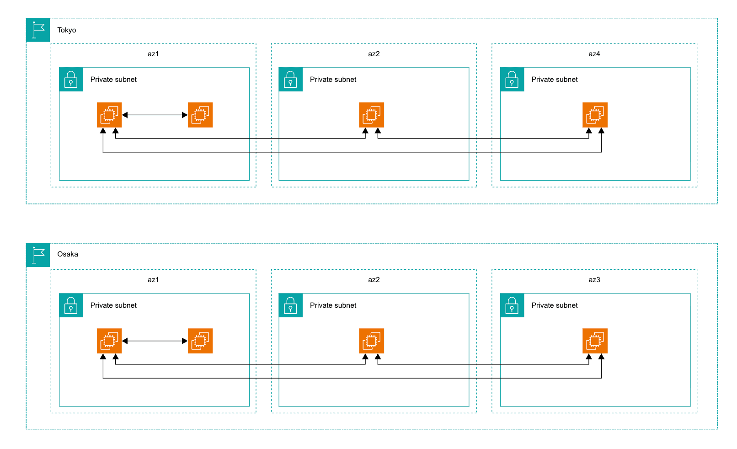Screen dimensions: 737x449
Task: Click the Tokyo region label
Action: click(x=66, y=30)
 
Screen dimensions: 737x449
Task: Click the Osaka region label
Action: click(x=68, y=254)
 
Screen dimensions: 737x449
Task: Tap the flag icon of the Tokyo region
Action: click(x=38, y=30)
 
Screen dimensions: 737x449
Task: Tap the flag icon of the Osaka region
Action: click(x=38, y=255)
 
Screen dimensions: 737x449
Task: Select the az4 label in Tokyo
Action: click(x=594, y=54)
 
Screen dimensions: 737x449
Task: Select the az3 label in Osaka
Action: click(x=594, y=280)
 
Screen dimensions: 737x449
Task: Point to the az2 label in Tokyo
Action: click(x=374, y=54)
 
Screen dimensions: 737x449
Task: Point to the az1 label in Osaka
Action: click(x=153, y=280)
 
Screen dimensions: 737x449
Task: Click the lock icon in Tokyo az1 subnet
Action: click(x=71, y=80)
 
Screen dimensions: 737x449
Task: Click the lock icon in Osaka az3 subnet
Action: click(x=512, y=305)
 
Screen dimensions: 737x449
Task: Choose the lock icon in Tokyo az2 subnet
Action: click(x=290, y=80)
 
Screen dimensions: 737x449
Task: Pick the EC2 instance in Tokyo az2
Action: click(x=371, y=115)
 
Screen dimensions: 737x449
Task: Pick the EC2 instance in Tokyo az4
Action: click(x=595, y=115)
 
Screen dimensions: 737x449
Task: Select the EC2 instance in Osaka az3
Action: click(x=595, y=341)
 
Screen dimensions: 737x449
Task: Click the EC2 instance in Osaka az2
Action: click(x=371, y=341)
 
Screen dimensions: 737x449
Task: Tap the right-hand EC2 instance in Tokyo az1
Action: click(x=200, y=115)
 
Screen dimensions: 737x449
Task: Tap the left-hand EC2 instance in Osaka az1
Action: click(x=109, y=341)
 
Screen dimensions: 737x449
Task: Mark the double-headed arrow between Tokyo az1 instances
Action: click(x=155, y=115)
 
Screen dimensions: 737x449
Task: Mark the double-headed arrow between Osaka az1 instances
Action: click(x=155, y=341)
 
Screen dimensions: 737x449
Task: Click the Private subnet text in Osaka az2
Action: click(x=333, y=305)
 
